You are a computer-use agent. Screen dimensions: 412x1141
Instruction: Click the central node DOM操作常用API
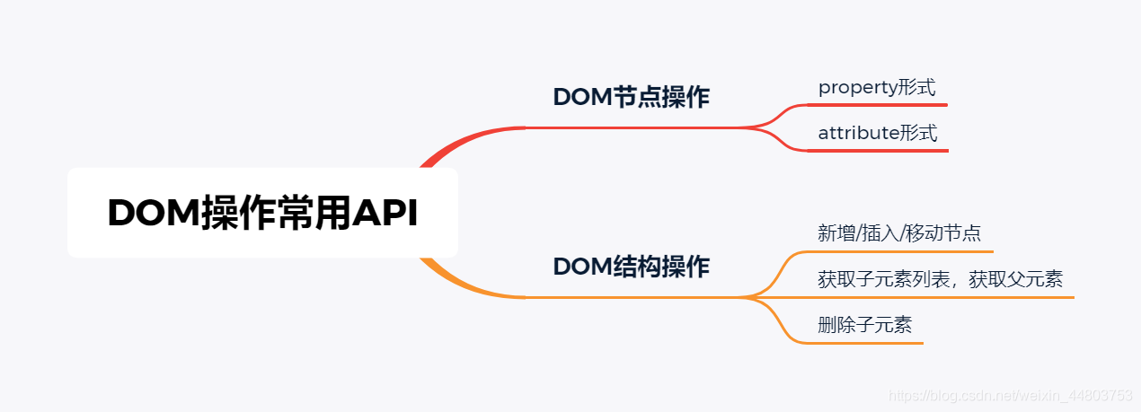pos(262,214)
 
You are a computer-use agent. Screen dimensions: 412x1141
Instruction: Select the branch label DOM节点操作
pos(631,97)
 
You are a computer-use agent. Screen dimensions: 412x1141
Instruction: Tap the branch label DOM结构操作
pos(631,267)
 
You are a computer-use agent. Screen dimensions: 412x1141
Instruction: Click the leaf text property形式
pos(877,88)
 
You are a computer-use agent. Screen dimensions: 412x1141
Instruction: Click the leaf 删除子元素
pos(864,325)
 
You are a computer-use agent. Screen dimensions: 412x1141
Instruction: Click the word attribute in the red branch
pos(859,134)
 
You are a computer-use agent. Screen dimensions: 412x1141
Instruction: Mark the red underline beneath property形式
pos(879,105)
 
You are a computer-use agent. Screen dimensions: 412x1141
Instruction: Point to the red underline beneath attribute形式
pos(879,151)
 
